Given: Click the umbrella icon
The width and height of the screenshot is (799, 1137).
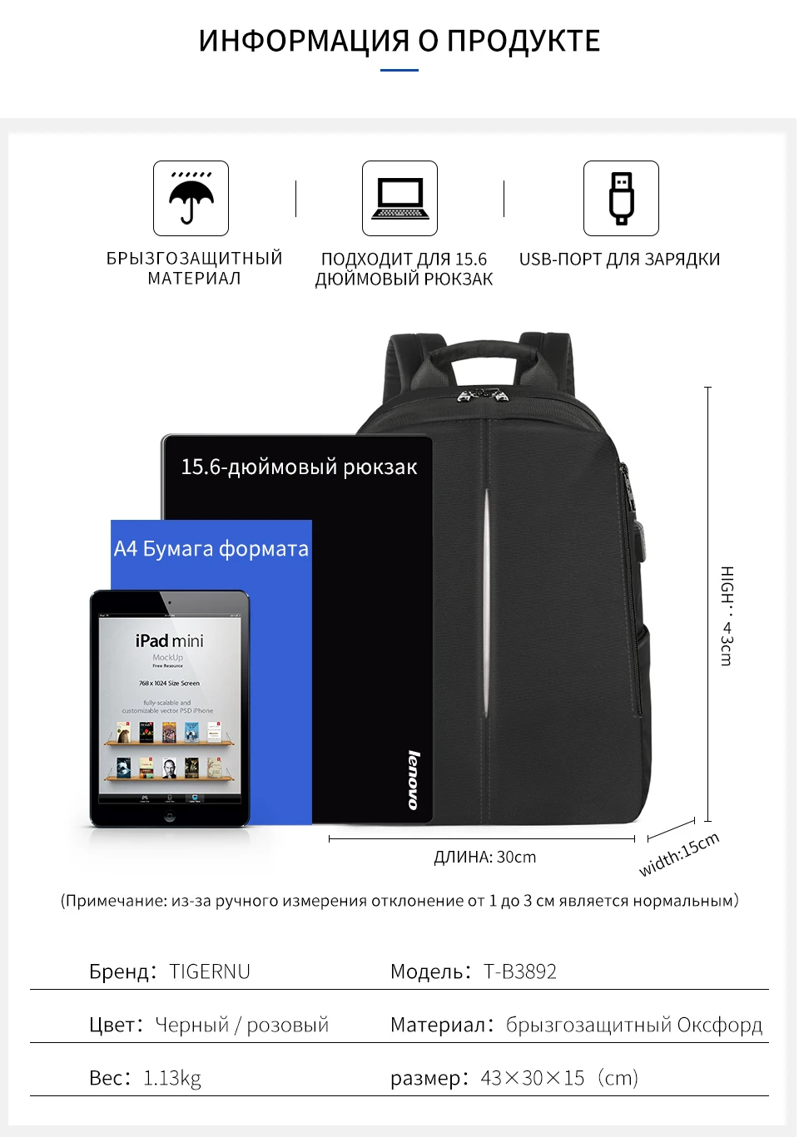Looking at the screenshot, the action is [x=191, y=199].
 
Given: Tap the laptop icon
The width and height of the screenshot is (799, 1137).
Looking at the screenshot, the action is [x=399, y=199].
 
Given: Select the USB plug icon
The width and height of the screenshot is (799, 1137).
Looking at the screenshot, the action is [x=621, y=199].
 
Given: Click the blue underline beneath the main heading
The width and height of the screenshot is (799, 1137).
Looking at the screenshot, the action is [x=399, y=71].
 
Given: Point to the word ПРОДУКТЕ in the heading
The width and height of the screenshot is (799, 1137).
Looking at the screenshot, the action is [x=523, y=41].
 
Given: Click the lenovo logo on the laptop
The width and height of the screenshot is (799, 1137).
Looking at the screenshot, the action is [x=414, y=779].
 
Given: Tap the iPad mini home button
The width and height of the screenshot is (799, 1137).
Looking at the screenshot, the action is [x=170, y=817].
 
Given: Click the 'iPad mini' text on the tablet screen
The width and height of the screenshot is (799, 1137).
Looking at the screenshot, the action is [x=170, y=640].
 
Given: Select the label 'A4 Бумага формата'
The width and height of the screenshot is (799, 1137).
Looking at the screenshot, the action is [x=211, y=549].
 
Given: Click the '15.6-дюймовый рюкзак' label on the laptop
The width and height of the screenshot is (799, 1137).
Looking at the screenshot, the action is [x=299, y=467].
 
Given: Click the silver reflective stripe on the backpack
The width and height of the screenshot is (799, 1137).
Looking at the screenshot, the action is [x=486, y=599].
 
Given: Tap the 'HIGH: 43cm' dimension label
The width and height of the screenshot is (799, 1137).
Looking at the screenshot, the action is [x=727, y=615].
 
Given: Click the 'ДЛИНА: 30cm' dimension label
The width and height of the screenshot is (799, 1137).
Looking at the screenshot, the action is [x=484, y=858].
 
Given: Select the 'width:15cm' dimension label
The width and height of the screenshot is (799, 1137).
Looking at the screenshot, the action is [x=679, y=854].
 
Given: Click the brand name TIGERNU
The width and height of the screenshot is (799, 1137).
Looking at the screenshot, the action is [x=210, y=971].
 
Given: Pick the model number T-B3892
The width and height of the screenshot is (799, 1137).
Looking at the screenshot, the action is [x=520, y=971].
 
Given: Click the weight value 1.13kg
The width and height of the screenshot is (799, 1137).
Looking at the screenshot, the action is [x=172, y=1078].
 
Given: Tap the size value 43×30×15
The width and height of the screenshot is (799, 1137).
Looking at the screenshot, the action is [x=533, y=1078].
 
